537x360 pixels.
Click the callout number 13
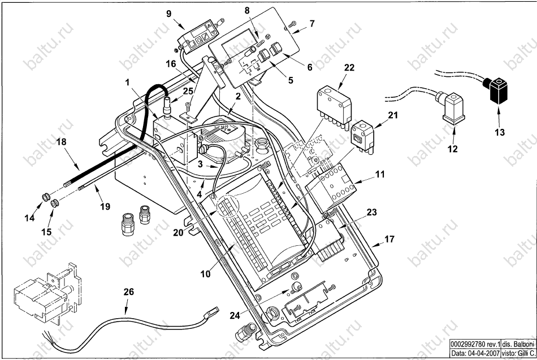pyautogui.click(x=500, y=132)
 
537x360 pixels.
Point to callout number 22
pyautogui.click(x=349, y=67)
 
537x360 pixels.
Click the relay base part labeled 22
pyautogui.click(x=334, y=105)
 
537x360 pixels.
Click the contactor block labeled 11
pyautogui.click(x=331, y=188)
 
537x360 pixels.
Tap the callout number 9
pyautogui.click(x=168, y=14)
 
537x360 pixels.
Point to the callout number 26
pyautogui.click(x=129, y=292)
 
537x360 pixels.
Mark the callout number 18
pyautogui.click(x=61, y=141)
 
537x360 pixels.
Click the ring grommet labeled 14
pyautogui.click(x=45, y=197)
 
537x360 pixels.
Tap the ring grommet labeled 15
pyautogui.click(x=54, y=204)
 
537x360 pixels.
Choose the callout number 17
pyautogui.click(x=389, y=238)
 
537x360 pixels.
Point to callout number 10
pyautogui.click(x=206, y=274)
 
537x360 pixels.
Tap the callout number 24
pyautogui.click(x=235, y=315)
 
